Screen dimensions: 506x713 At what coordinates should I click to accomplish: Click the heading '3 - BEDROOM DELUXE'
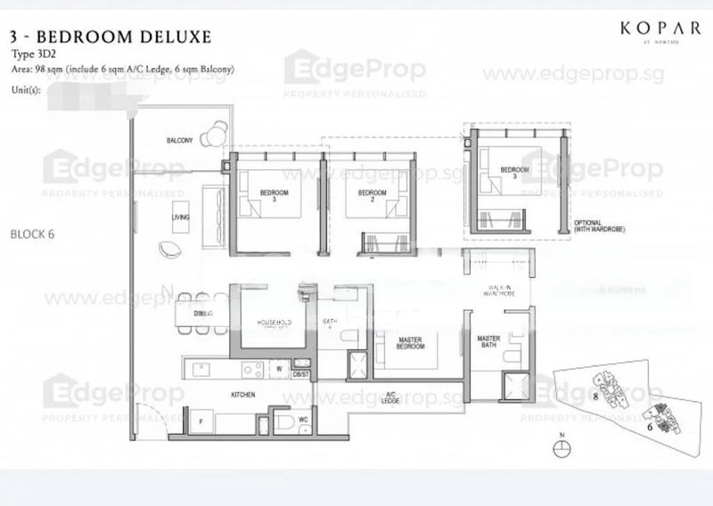pos(111,37)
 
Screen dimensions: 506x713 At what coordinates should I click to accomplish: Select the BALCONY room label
pos(180,141)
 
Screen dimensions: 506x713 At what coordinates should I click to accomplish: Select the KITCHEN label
pos(218,394)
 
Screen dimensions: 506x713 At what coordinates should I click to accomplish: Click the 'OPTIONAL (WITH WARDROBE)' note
pos(595,226)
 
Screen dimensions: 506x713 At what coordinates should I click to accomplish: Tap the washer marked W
pos(280,366)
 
